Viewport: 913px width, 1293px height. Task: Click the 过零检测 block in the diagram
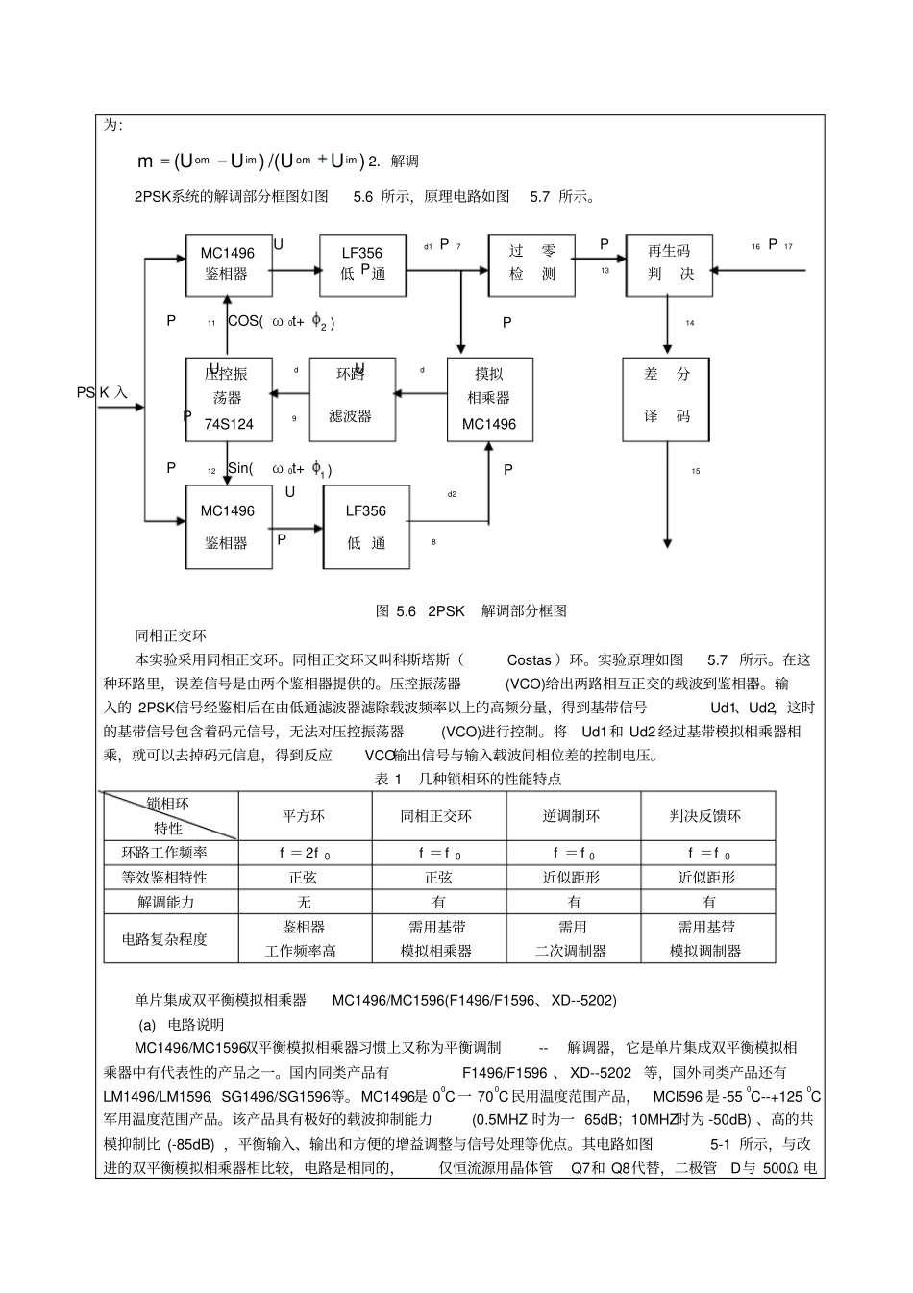click(x=531, y=262)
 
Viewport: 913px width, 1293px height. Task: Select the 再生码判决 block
click(x=669, y=262)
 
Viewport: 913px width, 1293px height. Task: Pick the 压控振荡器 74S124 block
click(x=228, y=399)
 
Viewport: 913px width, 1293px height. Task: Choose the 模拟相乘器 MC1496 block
click(x=489, y=399)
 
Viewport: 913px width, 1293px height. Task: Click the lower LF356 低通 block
click(x=365, y=527)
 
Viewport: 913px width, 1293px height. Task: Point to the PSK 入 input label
click(x=102, y=392)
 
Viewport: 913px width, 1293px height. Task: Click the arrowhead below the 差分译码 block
click(x=667, y=543)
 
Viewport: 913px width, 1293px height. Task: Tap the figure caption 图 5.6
click(x=470, y=610)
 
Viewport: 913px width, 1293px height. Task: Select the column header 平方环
click(x=304, y=816)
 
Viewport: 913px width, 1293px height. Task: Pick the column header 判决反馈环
click(x=705, y=816)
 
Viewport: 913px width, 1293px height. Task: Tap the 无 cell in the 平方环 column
click(x=304, y=902)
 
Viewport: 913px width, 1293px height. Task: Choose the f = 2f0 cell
click(x=305, y=853)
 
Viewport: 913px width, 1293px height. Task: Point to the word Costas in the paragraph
click(x=529, y=660)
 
